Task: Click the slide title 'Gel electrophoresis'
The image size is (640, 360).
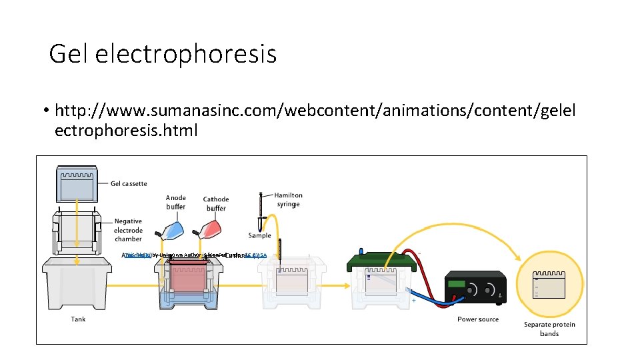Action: point(163,53)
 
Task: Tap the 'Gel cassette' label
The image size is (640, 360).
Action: point(129,183)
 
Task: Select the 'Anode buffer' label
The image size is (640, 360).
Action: point(176,202)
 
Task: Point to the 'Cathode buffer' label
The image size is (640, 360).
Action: point(216,203)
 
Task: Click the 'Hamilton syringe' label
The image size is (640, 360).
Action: point(288,199)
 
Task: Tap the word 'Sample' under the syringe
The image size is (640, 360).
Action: point(260,235)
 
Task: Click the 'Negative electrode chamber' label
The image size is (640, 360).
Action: point(128,230)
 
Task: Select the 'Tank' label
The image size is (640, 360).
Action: point(79,319)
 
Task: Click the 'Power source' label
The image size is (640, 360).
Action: point(478,319)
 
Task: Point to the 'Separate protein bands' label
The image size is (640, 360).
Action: point(549,329)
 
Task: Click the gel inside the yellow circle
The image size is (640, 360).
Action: point(549,284)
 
